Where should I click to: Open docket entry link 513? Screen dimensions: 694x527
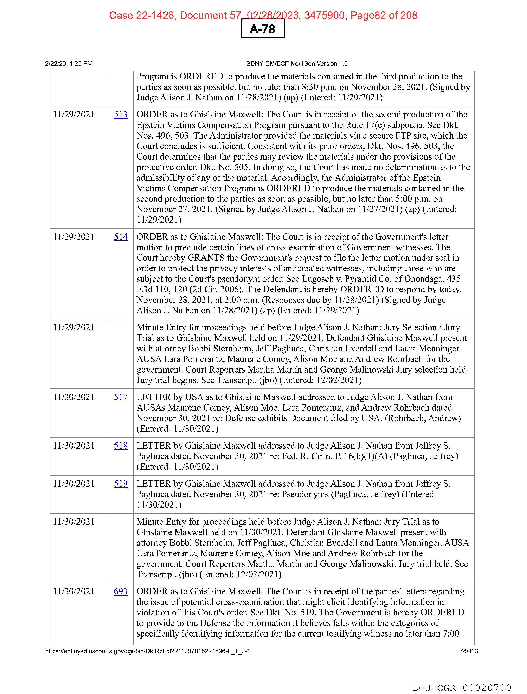[121, 115]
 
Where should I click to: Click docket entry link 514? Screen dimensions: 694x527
[121, 237]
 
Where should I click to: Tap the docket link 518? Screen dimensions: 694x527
[121, 446]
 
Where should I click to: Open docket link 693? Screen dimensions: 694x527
[121, 591]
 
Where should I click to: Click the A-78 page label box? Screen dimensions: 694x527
[262, 29]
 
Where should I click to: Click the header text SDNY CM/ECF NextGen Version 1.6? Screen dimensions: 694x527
[297, 64]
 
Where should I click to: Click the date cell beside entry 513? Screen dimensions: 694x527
[74, 115]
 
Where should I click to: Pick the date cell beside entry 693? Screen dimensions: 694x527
[74, 591]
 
